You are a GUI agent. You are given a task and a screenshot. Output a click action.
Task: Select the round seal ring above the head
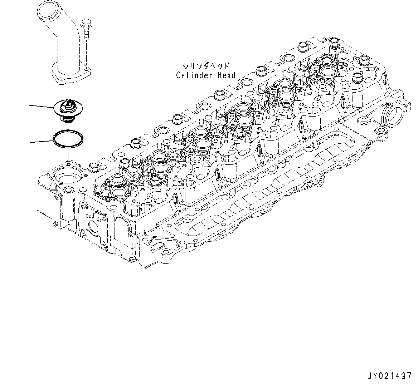68,139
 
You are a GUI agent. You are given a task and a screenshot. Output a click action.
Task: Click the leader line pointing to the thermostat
41,106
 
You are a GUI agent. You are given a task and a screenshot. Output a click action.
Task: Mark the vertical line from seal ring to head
68,154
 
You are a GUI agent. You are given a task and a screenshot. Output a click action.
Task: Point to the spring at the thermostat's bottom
67,118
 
